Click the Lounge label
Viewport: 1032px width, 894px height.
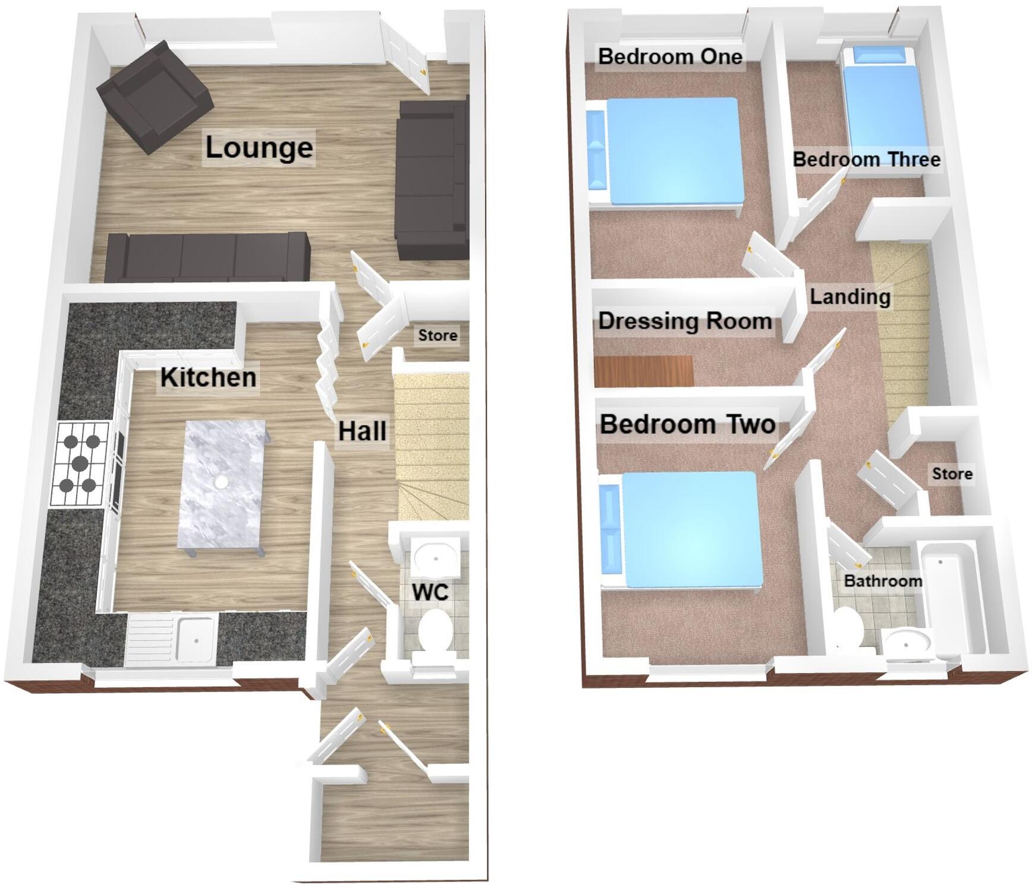coord(259,147)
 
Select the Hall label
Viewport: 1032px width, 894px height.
coord(362,431)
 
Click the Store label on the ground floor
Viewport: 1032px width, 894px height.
coord(438,336)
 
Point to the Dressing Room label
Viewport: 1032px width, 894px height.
coord(685,321)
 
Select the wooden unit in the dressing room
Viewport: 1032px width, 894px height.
coord(644,371)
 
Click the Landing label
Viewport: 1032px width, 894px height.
coord(850,296)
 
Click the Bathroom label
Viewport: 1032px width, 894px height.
coord(883,580)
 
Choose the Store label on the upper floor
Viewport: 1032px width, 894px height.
coord(952,473)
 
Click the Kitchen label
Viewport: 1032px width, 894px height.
coord(208,378)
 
